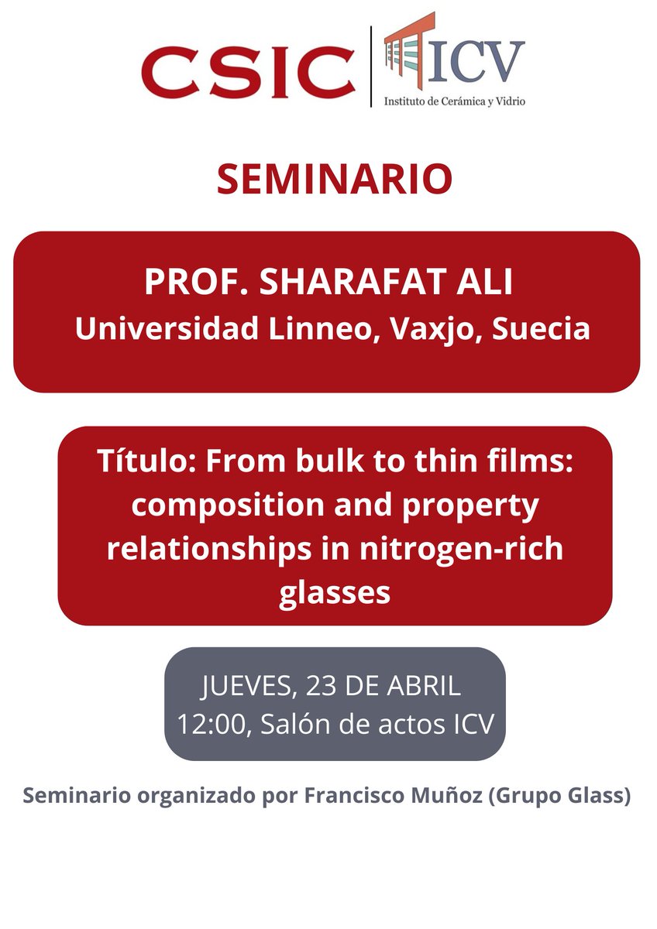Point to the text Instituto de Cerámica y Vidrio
pos(455,101)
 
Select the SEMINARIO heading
pos(334,180)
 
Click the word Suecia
pos(542,328)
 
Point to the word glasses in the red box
pos(334,594)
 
